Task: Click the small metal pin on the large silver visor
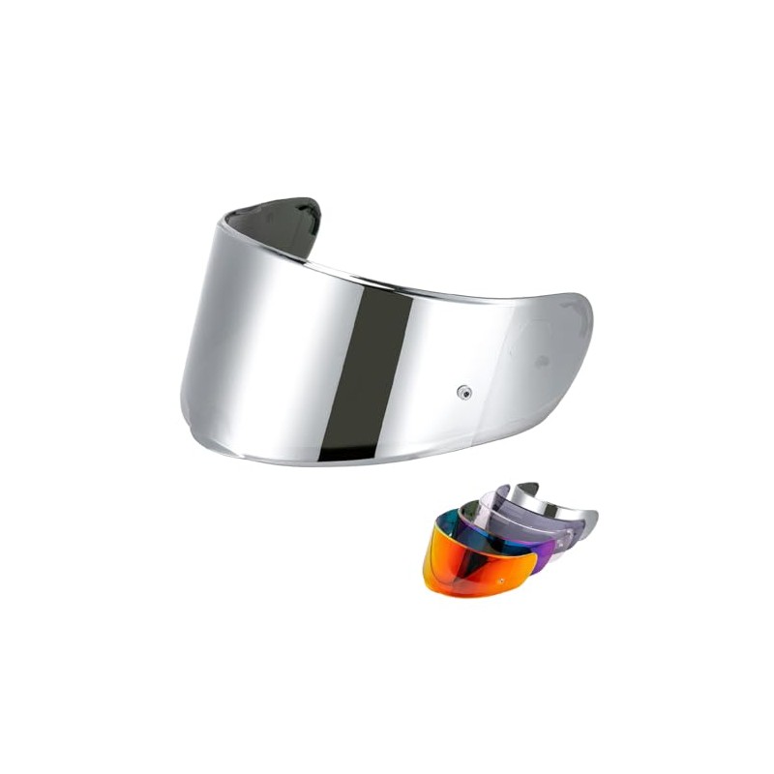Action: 464,391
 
